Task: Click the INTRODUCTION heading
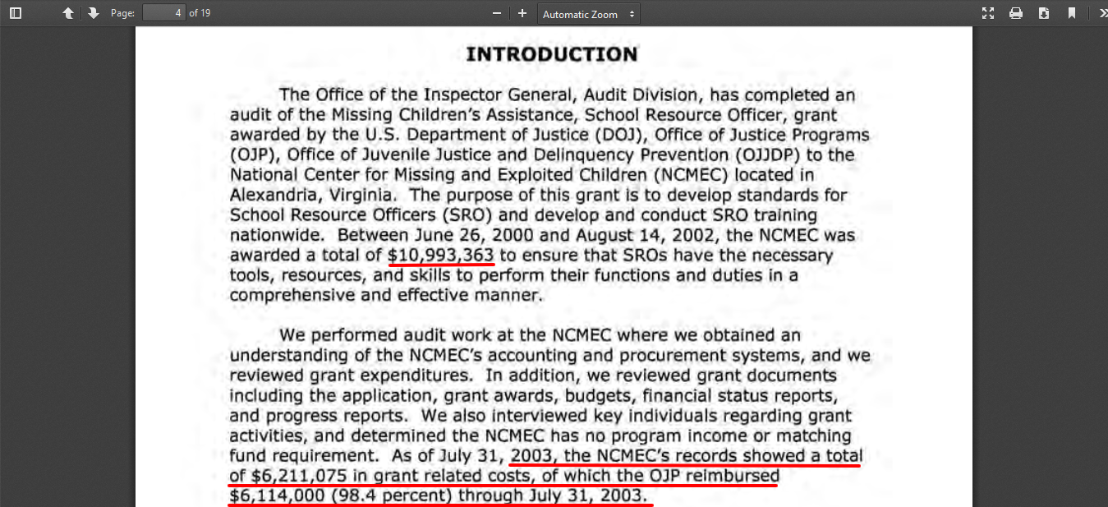point(552,55)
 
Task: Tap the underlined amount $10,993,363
point(441,256)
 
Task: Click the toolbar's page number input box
point(163,13)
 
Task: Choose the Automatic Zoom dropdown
point(589,14)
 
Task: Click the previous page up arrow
point(68,13)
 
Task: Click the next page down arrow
point(93,13)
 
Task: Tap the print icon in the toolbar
point(1016,13)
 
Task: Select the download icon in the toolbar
point(1044,13)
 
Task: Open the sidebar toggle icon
point(16,13)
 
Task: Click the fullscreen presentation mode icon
point(988,13)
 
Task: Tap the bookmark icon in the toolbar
point(1072,13)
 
